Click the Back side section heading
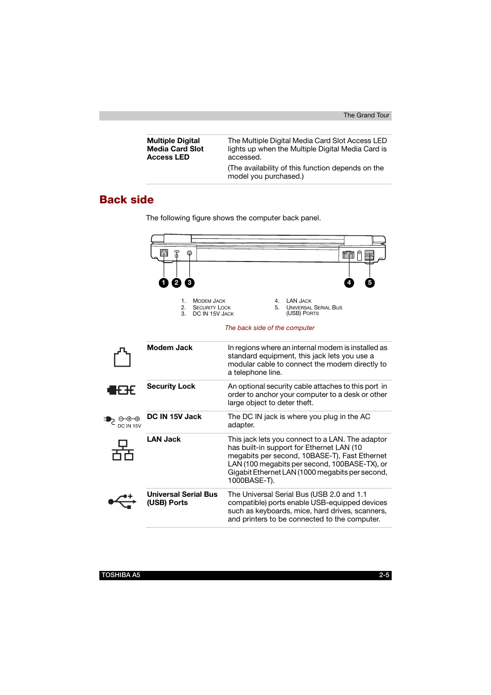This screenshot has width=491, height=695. [127, 200]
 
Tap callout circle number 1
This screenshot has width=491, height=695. [164, 283]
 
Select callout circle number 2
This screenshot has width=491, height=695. [177, 283]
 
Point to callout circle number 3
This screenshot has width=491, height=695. [189, 283]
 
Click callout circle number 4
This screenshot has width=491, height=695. [349, 283]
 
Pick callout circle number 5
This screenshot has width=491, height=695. [370, 283]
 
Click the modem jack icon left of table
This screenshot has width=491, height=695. [122, 357]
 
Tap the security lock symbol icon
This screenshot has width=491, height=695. [121, 390]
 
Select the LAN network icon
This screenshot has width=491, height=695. [122, 450]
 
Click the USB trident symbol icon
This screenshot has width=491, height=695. [122, 501]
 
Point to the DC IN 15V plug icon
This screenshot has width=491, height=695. [122, 421]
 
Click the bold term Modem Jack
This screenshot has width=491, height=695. [169, 348]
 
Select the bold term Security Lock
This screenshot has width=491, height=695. [171, 387]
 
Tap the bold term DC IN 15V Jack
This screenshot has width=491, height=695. [174, 417]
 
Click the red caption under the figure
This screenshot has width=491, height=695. [269, 328]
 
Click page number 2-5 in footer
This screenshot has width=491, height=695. [384, 576]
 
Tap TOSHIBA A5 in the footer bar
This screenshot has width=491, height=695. [121, 576]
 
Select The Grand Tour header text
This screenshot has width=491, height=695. [366, 115]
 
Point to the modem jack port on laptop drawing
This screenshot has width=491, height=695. [164, 253]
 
